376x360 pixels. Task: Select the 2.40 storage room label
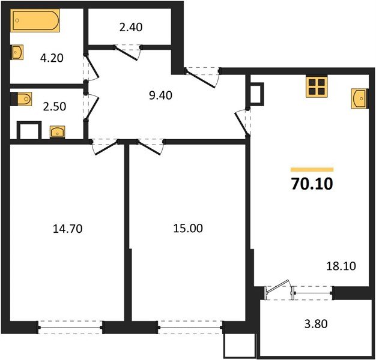[x=130, y=27]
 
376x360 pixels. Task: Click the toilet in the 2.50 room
[x=23, y=98]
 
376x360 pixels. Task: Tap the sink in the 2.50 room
[x=58, y=131]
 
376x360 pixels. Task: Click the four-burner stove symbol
[x=317, y=86]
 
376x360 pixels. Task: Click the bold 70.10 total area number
[x=311, y=184]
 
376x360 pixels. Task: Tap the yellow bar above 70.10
[x=311, y=170]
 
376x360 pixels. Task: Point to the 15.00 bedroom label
[x=187, y=228]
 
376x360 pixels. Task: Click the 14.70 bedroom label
[x=66, y=228]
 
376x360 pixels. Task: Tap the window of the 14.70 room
[x=71, y=328]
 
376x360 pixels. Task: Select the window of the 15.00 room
[x=190, y=328]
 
